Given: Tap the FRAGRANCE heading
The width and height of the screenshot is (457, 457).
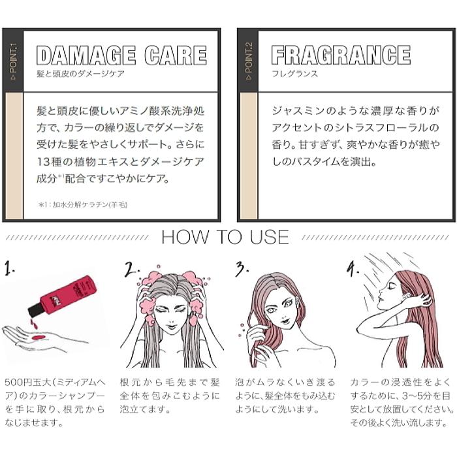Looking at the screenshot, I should coord(340,55).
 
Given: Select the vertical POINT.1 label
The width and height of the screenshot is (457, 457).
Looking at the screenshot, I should coord(13,61).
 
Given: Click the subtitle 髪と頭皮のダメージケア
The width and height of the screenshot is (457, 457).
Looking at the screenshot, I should coord(80,74).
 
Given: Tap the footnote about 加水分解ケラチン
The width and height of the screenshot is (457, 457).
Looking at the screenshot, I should coord(83,205).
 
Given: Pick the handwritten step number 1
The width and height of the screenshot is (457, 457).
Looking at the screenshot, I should coord(8,268).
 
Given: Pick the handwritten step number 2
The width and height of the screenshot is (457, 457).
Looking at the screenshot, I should coord(133,269).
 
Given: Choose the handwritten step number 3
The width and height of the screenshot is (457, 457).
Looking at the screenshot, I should coord(242,268).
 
